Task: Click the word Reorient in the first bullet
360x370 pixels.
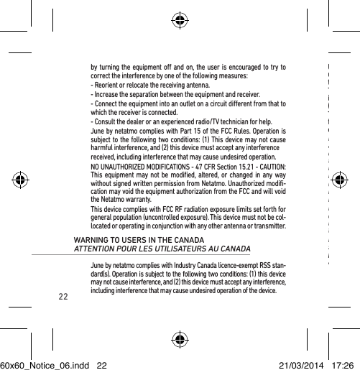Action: pos(106,84)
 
